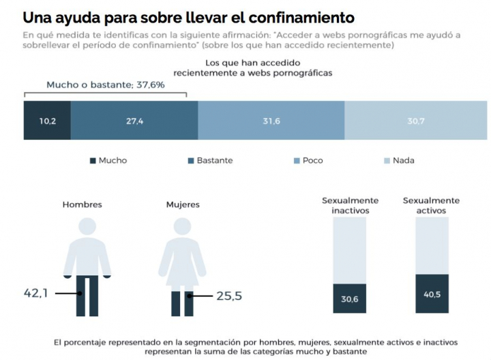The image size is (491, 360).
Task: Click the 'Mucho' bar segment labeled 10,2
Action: [x=47, y=121]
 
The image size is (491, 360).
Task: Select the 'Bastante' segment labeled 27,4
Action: [x=134, y=121]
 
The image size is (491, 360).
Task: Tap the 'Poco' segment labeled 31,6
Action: [x=271, y=121]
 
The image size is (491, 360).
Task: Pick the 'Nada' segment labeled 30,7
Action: [x=416, y=121]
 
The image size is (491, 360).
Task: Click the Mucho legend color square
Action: [x=93, y=161]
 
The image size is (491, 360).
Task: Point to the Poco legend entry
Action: [x=308, y=161]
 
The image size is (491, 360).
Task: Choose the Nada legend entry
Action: [x=398, y=161]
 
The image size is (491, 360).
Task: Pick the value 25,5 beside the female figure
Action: [x=229, y=296]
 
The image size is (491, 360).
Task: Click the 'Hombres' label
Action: [x=82, y=204]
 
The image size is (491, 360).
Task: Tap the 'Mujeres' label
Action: [x=182, y=204]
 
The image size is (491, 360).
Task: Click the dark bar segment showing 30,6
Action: [x=350, y=299]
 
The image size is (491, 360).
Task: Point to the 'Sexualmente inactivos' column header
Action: [x=351, y=205]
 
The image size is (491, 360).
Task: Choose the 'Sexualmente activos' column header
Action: [x=431, y=205]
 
